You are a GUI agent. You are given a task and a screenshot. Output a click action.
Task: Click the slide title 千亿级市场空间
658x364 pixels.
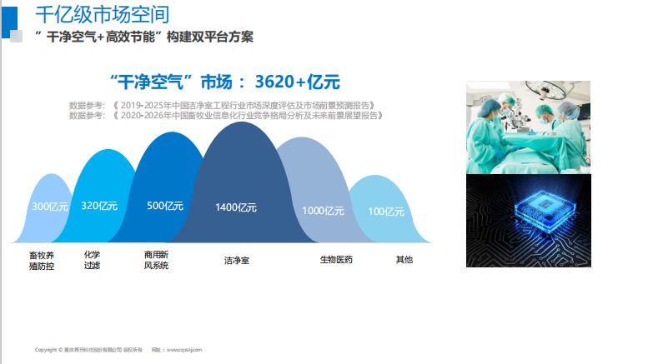pos(102,14)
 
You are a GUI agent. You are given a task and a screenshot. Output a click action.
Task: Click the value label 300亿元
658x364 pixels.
pos(47,207)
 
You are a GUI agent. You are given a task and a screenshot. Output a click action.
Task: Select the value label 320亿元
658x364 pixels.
pos(99,206)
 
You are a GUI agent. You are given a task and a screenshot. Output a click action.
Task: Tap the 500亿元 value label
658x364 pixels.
pos(165,206)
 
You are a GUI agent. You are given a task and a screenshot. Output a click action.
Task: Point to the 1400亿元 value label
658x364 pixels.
pos(236,207)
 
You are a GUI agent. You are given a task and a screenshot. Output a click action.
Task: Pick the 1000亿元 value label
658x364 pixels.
pos(322,211)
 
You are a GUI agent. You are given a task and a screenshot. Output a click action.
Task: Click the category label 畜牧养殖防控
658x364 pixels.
pos(42,261)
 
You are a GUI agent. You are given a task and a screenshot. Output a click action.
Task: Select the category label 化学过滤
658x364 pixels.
pos(92,260)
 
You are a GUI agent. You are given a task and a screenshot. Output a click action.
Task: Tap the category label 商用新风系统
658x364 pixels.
pos(156,260)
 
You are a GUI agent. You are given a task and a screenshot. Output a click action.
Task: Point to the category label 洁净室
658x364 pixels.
pos(236,261)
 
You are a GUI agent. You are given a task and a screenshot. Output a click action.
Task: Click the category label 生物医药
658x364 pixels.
pos(336,260)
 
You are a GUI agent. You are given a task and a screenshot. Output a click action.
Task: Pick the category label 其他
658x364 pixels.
pos(404,260)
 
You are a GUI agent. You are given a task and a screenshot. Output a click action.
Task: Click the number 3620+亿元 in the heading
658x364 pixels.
pos(297,82)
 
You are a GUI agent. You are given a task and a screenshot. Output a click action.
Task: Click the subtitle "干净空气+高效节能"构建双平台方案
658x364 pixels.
pos(144,37)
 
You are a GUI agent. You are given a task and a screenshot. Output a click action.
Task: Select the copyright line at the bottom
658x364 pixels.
pos(118,350)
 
